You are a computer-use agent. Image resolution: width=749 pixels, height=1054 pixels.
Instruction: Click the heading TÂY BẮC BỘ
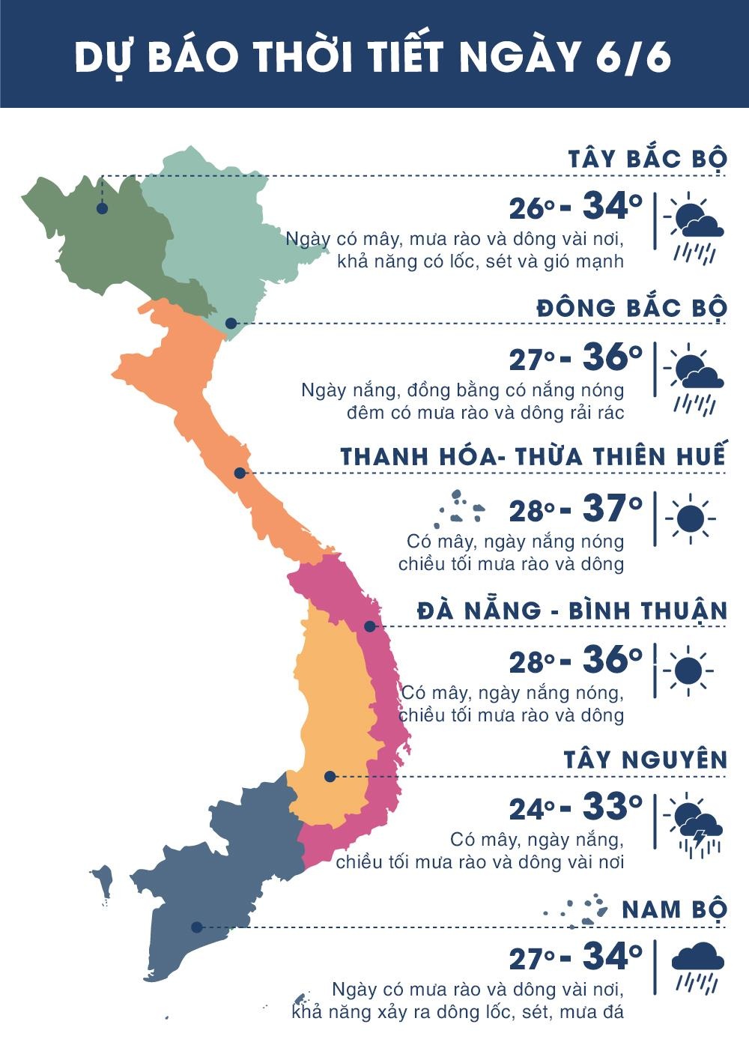[x=647, y=160]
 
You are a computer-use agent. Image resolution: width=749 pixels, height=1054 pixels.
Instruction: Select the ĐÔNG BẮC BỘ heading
[x=631, y=308]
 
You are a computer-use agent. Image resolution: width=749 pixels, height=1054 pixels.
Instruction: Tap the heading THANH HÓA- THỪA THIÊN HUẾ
[x=533, y=457]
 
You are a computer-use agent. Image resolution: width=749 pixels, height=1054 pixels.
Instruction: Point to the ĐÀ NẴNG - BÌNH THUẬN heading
[x=572, y=611]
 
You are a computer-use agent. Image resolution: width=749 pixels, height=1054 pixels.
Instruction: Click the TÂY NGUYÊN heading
[x=646, y=760]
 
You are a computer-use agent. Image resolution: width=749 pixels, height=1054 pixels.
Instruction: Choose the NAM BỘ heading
[x=674, y=909]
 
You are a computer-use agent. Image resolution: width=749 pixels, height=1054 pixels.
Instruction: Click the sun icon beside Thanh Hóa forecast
[x=690, y=518]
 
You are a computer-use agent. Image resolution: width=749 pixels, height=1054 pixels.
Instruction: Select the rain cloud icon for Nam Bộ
[x=697, y=966]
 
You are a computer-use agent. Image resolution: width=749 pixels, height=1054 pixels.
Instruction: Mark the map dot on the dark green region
[x=102, y=208]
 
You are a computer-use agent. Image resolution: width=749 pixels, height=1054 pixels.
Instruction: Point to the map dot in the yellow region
[x=330, y=776]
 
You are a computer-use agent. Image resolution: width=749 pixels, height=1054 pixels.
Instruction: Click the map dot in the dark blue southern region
[x=196, y=927]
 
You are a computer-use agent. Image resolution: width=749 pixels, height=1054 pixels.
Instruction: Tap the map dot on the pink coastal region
[x=369, y=626]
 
